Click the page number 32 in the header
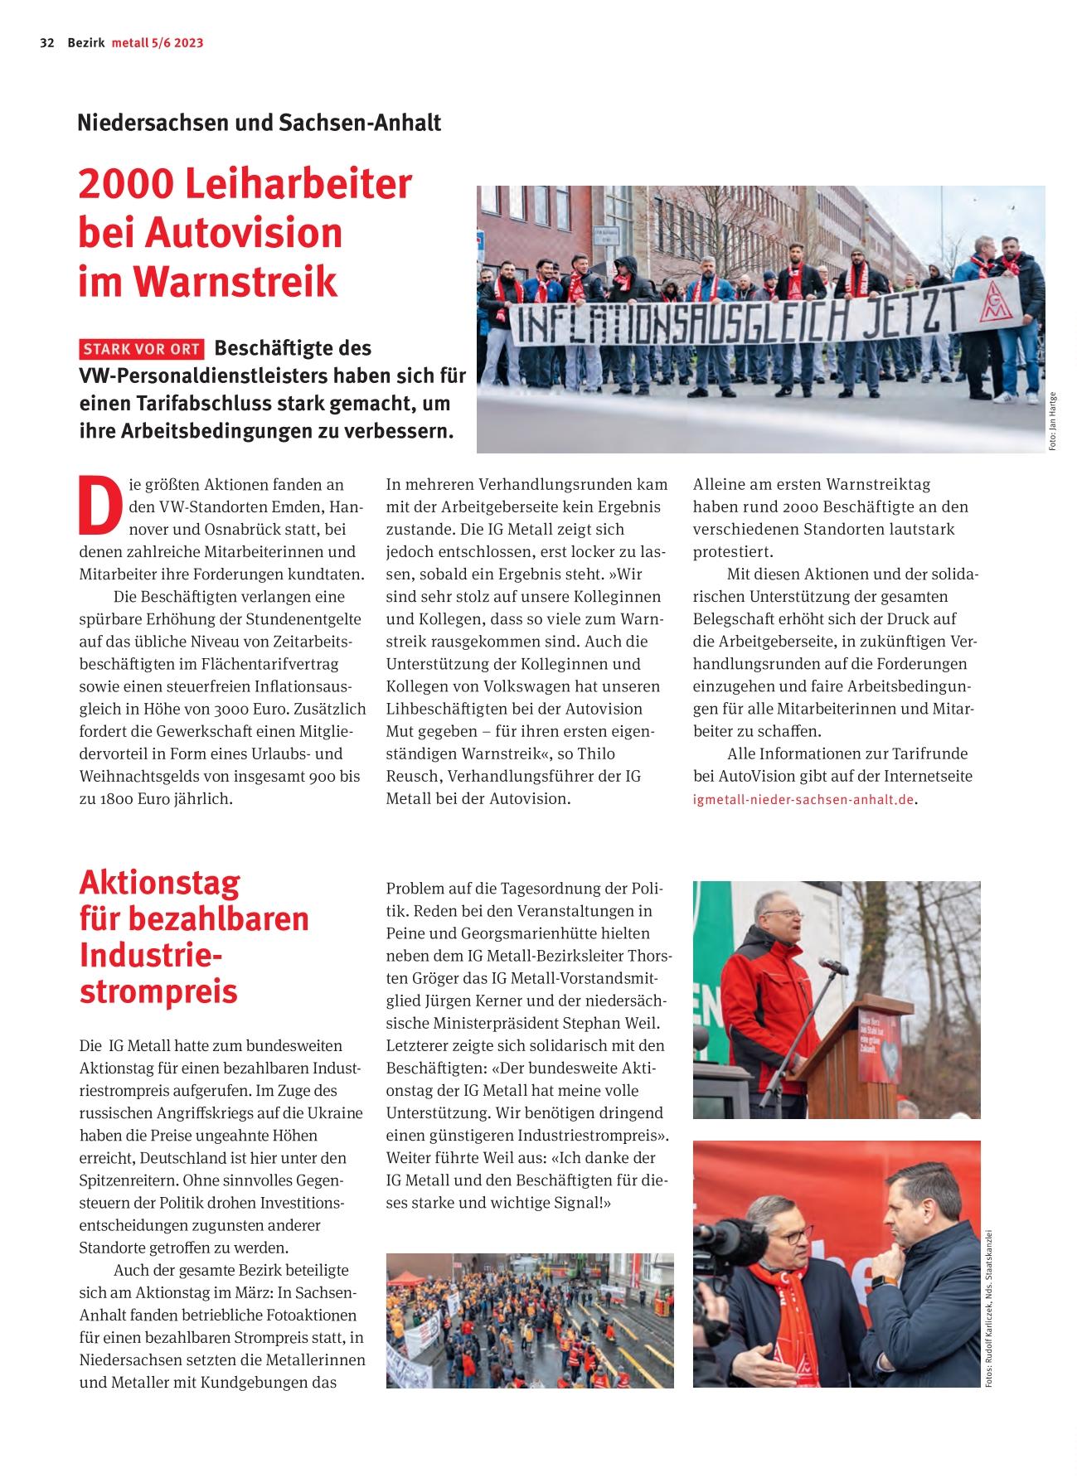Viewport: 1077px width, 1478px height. pos(46,43)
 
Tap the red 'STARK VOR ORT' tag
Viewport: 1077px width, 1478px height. pos(141,349)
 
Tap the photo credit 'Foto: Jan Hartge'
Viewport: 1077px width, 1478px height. pos(1052,421)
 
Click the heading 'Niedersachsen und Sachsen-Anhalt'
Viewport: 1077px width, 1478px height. pos(259,123)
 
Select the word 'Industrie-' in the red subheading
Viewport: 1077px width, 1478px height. pos(151,955)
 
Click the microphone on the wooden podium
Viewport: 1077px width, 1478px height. pos(832,967)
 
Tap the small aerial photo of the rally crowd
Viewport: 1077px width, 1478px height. pos(529,1320)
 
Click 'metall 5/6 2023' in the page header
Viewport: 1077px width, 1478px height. pos(158,43)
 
